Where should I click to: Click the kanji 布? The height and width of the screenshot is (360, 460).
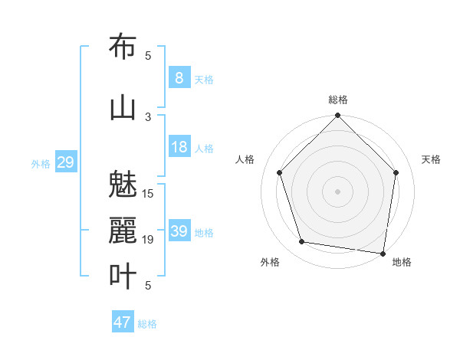click(x=123, y=47)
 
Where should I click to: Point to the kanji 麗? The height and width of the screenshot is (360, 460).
click(x=123, y=231)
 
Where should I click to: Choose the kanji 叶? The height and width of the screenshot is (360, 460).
click(x=123, y=277)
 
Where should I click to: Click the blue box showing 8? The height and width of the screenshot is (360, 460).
click(x=179, y=78)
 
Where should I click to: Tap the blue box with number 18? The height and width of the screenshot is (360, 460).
click(x=179, y=147)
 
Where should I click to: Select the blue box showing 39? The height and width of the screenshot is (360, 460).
click(x=179, y=231)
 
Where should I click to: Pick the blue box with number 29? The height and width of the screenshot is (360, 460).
click(x=65, y=162)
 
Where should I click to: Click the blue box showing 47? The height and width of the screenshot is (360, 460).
click(x=123, y=322)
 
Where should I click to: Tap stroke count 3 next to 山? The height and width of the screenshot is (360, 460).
click(x=148, y=116)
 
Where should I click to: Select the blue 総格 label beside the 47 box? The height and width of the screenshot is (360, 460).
click(x=147, y=324)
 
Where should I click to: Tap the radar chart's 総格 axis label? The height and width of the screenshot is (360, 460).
click(x=337, y=100)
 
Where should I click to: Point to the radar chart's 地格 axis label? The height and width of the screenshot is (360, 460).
click(x=402, y=262)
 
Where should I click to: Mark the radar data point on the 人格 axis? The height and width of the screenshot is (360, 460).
click(x=279, y=172)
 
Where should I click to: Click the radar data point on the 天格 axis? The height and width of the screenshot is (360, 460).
click(x=396, y=172)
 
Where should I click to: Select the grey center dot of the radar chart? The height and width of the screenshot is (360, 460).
click(x=337, y=191)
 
